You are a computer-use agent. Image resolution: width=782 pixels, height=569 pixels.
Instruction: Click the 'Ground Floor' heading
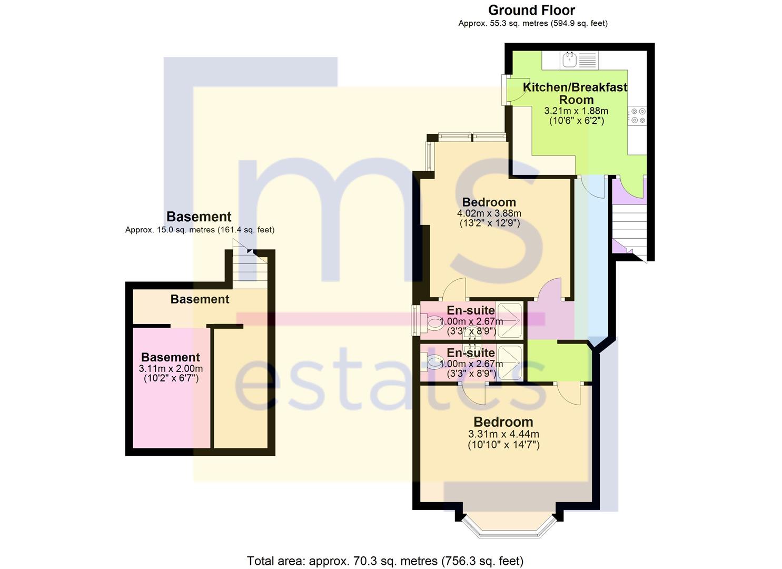point(531,10)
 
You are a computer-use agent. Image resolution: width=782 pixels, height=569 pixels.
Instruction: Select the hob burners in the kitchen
point(638,116)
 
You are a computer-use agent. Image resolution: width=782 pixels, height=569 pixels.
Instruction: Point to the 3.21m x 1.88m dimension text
point(576,111)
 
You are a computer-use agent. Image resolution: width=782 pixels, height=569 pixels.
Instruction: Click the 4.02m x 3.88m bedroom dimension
point(489,213)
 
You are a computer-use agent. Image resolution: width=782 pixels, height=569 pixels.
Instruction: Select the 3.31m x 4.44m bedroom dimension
point(503,434)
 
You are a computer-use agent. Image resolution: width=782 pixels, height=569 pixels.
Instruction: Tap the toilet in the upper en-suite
point(435,322)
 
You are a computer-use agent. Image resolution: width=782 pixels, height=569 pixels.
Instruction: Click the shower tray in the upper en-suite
point(509,320)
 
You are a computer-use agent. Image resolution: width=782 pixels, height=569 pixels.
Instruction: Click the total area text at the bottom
point(385,561)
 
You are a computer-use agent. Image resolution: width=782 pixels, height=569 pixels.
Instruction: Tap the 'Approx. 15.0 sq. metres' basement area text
point(200,230)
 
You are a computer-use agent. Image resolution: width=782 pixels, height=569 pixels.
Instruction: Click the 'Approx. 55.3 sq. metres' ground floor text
point(532,23)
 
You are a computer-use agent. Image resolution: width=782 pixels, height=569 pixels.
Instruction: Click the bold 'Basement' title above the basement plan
point(199,217)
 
